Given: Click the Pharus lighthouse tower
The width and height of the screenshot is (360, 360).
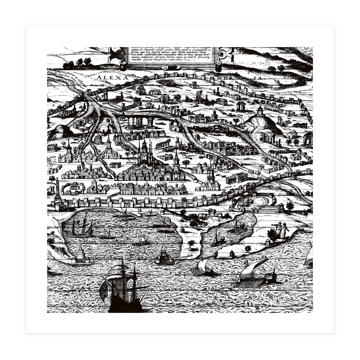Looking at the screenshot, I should pyautogui.click(x=80, y=254).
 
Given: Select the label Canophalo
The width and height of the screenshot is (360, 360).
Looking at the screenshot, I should pyautogui.click(x=185, y=256).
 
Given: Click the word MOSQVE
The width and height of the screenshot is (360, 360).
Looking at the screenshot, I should pyautogui.click(x=131, y=162).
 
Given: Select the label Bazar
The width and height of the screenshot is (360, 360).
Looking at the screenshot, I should pyautogui.click(x=88, y=163).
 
